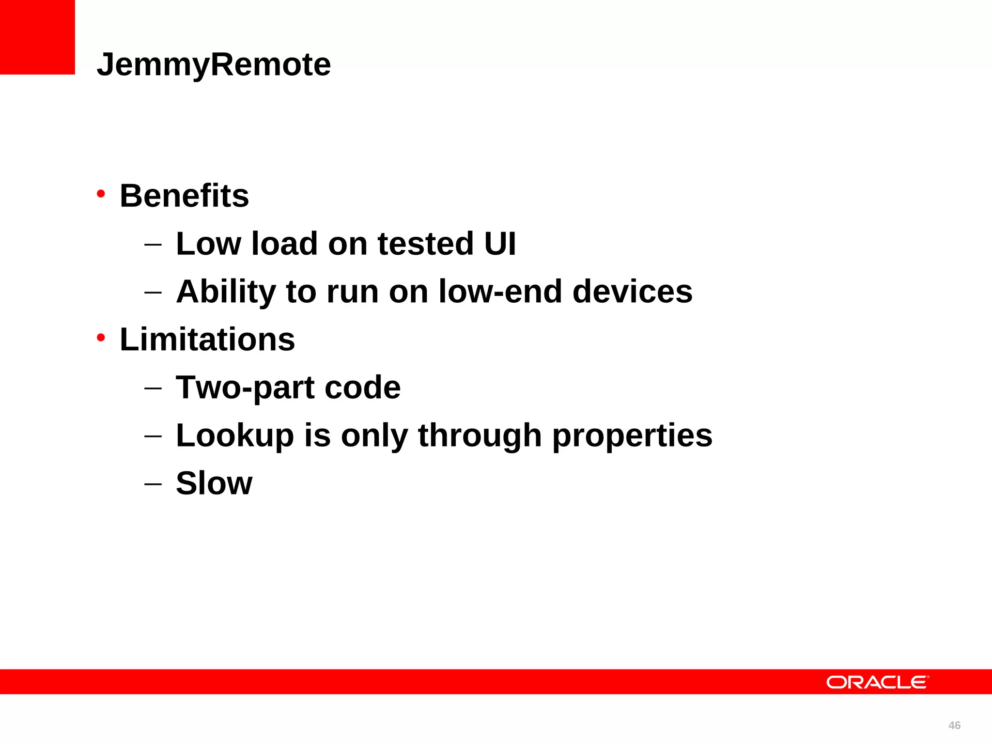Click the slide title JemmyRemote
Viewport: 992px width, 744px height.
point(214,65)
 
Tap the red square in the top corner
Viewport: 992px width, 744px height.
point(37,37)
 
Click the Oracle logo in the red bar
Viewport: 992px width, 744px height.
point(877,682)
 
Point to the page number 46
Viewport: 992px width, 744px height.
point(954,725)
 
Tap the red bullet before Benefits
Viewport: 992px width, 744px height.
point(101,194)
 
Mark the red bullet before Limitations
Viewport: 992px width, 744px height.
point(101,337)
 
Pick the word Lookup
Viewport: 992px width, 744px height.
point(235,435)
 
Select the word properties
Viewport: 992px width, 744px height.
point(632,435)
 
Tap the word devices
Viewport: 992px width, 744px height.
point(632,292)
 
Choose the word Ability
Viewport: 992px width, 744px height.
point(226,292)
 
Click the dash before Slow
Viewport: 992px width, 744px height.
point(153,484)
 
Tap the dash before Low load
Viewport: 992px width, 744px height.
point(153,244)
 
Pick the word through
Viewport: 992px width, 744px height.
point(480,435)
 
